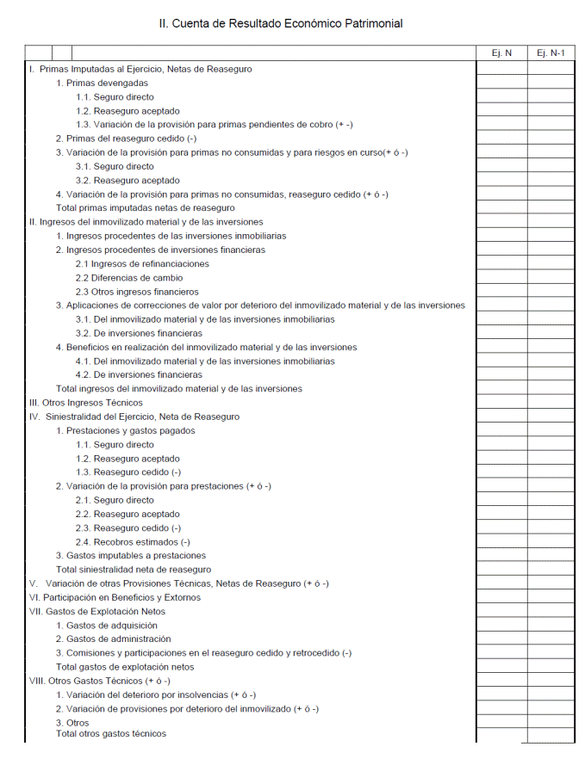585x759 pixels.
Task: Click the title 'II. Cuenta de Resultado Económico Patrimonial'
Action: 280,23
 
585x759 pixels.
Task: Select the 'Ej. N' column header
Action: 501,52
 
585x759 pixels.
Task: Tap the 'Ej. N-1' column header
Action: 551,52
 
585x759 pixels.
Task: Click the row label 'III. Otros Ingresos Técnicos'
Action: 86,403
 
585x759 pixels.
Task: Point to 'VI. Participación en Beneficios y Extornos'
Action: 115,597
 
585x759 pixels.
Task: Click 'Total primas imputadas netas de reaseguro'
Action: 145,208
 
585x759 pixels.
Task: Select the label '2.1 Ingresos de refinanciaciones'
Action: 142,263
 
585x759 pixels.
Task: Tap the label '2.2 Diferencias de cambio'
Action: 129,278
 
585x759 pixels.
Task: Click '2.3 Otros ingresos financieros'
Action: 137,292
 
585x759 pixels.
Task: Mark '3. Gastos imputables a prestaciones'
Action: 131,556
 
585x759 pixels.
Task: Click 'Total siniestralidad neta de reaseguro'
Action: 134,570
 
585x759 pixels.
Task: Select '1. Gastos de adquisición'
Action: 107,626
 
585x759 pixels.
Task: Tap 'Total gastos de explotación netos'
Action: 125,667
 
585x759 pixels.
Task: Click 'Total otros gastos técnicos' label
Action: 111,734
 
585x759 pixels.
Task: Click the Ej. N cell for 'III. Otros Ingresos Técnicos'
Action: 501,403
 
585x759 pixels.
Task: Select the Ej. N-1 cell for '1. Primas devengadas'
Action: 551,83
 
